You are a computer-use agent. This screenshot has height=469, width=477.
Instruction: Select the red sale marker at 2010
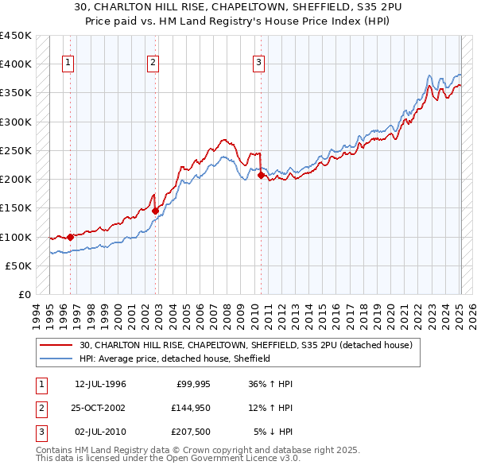tap(261, 176)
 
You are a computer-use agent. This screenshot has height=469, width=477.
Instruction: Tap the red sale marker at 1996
tap(70, 237)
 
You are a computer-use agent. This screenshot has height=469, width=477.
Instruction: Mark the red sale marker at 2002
tap(155, 211)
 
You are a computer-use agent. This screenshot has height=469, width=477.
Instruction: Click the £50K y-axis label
tap(18, 266)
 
